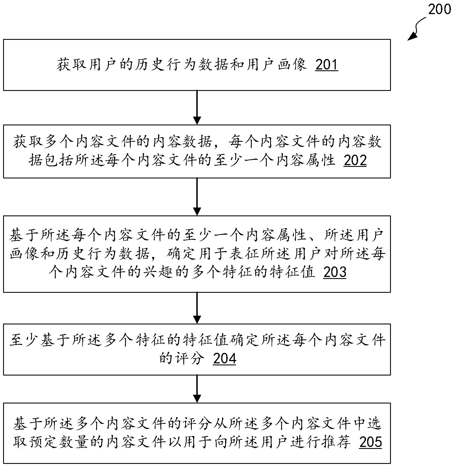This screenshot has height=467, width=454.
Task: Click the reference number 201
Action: click(x=326, y=65)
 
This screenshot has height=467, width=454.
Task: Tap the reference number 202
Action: click(x=355, y=160)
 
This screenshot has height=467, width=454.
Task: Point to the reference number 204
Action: click(x=224, y=359)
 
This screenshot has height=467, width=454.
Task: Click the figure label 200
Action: click(x=439, y=9)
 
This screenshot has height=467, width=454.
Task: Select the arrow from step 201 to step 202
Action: click(x=197, y=108)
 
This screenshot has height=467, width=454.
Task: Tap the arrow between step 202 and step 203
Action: click(x=197, y=197)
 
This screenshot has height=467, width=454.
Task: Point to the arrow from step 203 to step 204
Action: click(x=197, y=308)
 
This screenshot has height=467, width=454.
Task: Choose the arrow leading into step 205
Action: click(x=197, y=389)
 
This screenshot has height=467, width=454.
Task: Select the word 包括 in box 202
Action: click(x=60, y=160)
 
